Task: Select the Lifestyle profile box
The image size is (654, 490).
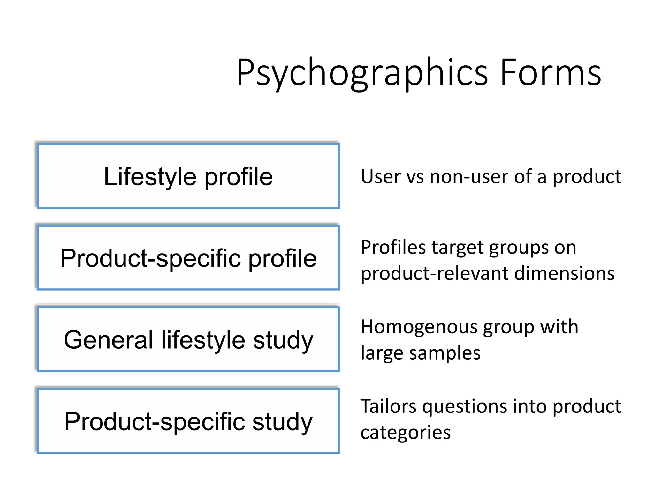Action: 188,176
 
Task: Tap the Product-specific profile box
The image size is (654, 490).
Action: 188,258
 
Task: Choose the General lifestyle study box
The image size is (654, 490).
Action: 188,339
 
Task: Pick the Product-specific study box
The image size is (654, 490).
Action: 188,421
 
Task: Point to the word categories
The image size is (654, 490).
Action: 406,433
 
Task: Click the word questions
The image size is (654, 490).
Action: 465,407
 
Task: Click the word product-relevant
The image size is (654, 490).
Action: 435,273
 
